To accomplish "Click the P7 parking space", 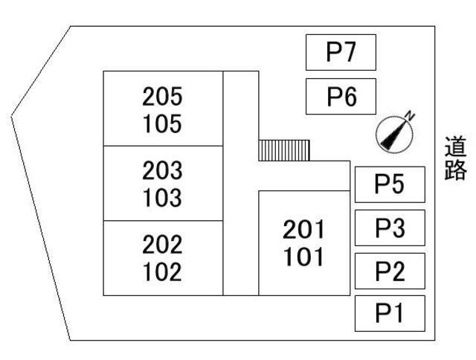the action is tap(341, 52).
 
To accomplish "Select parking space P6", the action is tap(341, 97).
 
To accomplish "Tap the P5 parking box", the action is tap(390, 184).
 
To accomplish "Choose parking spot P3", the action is tap(390, 228).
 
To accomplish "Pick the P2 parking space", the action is tap(390, 271).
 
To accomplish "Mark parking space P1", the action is tap(390, 313).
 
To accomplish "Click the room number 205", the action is tap(162, 97).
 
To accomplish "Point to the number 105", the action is tap(162, 123).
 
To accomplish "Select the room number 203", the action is tap(162, 170).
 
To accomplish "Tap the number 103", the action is tap(162, 198).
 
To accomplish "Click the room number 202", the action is tap(162, 245).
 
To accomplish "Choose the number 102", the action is tap(162, 271).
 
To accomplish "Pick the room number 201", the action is tap(303, 230).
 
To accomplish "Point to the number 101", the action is tap(303, 257).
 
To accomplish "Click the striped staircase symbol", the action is tap(284, 150).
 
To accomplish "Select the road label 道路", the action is tap(455, 158).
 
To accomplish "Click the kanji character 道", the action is tap(455, 147).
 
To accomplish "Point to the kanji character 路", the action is tap(455, 170).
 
